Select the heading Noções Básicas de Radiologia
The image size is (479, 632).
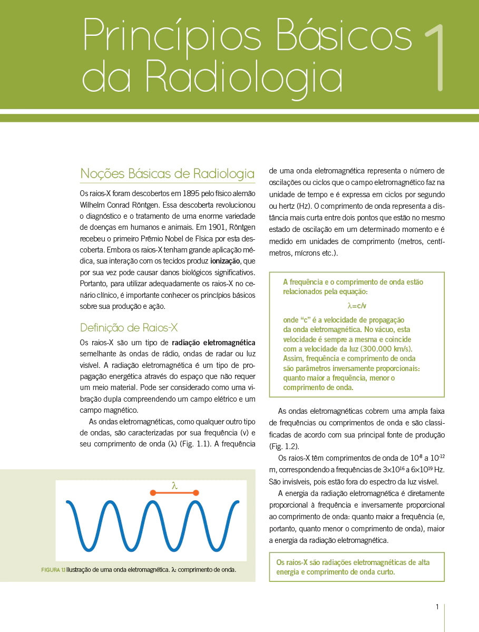(167, 173)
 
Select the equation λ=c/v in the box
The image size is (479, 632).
(357, 305)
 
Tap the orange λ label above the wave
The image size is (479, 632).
(174, 485)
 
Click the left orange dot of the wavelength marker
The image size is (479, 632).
(153, 493)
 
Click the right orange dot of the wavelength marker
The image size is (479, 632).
(196, 493)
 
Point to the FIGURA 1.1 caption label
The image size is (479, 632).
(53, 570)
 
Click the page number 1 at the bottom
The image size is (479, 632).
(437, 607)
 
